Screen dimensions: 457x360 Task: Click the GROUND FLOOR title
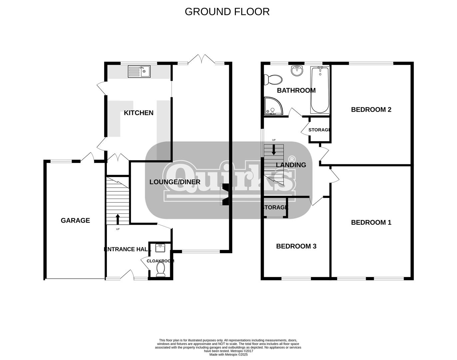click(227, 12)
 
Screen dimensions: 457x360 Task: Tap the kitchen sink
click(139, 71)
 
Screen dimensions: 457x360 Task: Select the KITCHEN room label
click(139, 113)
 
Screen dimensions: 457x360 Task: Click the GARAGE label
click(75, 220)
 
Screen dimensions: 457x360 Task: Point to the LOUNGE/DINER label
click(175, 182)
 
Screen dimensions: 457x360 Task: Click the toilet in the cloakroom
click(161, 269)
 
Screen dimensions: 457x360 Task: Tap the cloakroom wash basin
click(160, 248)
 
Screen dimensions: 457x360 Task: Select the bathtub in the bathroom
click(320, 90)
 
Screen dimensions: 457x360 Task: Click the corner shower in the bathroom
click(274, 106)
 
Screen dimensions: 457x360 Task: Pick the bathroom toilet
click(273, 80)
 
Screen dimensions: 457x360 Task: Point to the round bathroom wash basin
click(297, 71)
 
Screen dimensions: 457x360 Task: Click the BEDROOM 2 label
click(371, 110)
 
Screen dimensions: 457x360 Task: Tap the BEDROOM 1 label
click(371, 222)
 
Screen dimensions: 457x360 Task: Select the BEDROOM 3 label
click(296, 246)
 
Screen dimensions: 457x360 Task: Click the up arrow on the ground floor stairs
click(118, 219)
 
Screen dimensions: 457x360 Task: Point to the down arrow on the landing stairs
click(274, 150)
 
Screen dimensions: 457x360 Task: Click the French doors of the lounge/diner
click(201, 59)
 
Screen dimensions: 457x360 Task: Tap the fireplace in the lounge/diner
click(225, 194)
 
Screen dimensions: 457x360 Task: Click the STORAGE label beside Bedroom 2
click(319, 130)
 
